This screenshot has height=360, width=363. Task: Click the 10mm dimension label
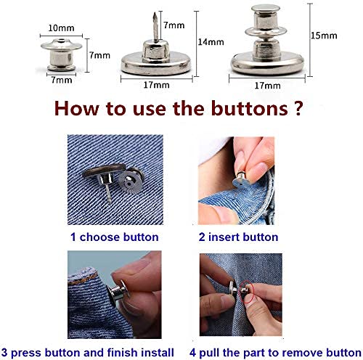click(x=60, y=27)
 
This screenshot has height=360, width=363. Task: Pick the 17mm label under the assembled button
click(x=266, y=85)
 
